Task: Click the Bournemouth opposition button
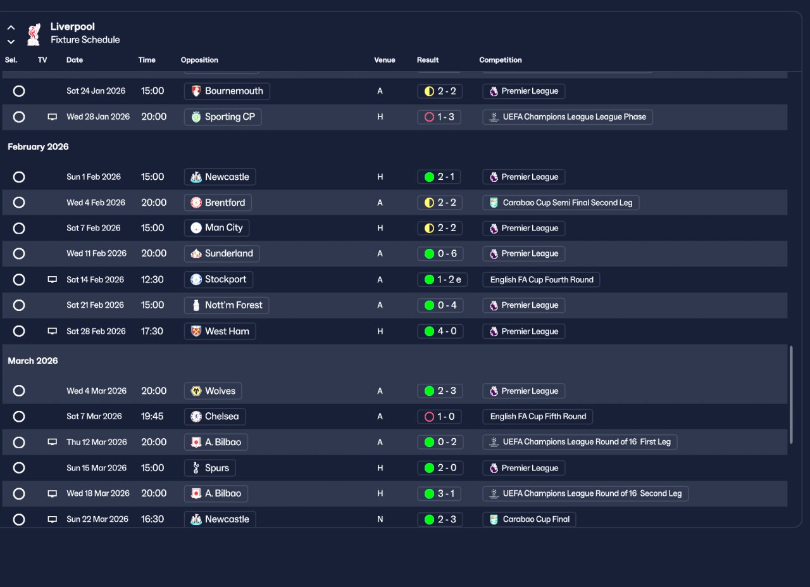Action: pyautogui.click(x=227, y=91)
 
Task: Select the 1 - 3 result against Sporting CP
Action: pyautogui.click(x=439, y=117)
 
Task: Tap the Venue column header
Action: pyautogui.click(x=384, y=60)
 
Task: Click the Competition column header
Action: pyautogui.click(x=500, y=60)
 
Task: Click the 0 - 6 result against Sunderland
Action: pyautogui.click(x=440, y=254)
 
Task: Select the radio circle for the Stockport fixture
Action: pyautogui.click(x=19, y=280)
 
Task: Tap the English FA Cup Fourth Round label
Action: pyautogui.click(x=541, y=280)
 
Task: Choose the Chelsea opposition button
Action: pyautogui.click(x=215, y=417)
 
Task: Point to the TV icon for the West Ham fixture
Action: pyautogui.click(x=53, y=331)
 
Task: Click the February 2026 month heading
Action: pyautogui.click(x=38, y=147)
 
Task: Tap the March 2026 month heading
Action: pyautogui.click(x=33, y=361)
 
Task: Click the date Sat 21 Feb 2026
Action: pyautogui.click(x=95, y=305)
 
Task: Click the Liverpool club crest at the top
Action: pyautogui.click(x=33, y=34)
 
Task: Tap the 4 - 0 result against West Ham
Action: pyautogui.click(x=440, y=331)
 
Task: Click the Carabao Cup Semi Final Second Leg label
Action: pyautogui.click(x=561, y=203)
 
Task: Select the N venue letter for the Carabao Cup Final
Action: pyautogui.click(x=380, y=519)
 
